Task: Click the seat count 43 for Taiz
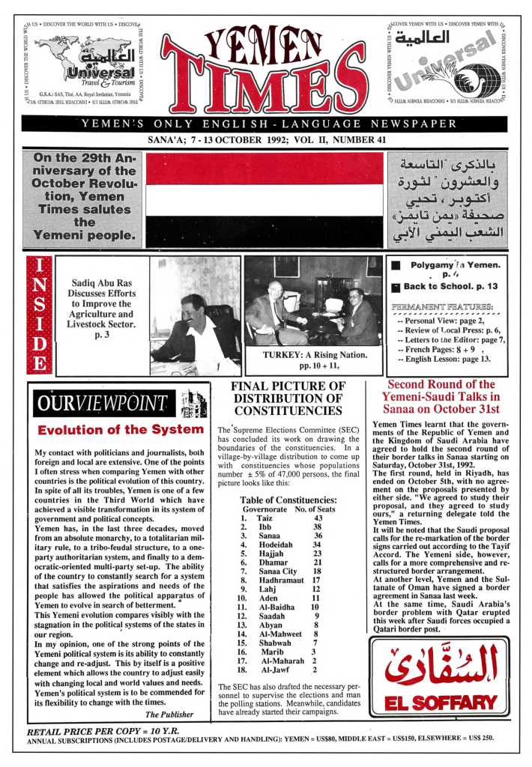[318, 518]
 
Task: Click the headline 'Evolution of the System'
[121, 430]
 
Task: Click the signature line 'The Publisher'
[172, 714]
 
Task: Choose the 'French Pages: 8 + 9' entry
[440, 349]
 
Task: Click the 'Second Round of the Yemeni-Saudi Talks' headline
[440, 397]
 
